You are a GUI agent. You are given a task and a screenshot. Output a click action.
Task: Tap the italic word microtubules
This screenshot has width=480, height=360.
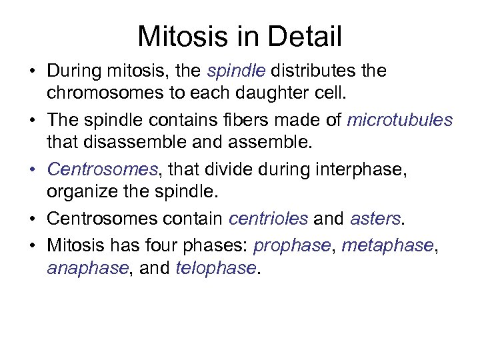(400, 121)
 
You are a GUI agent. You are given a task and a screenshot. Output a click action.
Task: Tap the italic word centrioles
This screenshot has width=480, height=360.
(268, 218)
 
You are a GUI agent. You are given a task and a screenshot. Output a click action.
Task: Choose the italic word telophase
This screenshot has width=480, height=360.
(215, 269)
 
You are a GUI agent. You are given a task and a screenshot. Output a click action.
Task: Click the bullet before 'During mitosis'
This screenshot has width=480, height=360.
(34, 71)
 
